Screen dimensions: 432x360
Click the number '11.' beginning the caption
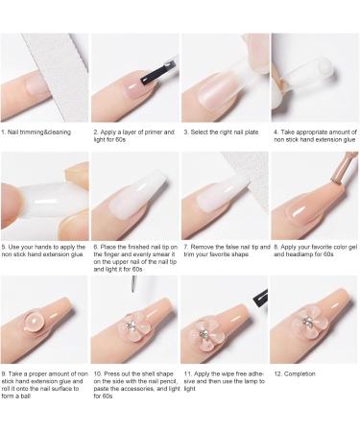pyautogui.click(x=186, y=371)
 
